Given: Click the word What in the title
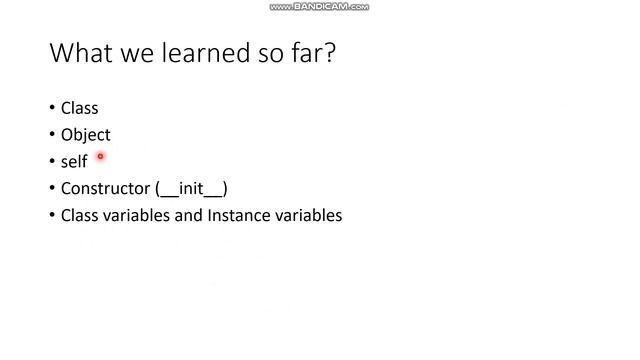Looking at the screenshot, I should tap(79, 53).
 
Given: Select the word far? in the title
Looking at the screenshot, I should tap(313, 53).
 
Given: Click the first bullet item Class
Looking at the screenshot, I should tap(79, 108).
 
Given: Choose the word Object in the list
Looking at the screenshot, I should tap(85, 135).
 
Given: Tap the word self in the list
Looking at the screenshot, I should tap(74, 162).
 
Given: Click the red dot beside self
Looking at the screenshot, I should tap(100, 156).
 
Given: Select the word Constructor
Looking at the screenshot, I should tap(105, 189).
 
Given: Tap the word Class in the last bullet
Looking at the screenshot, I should tap(79, 215).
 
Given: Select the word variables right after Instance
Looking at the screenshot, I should tap(308, 215).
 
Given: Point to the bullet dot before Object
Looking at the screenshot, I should tap(52, 135).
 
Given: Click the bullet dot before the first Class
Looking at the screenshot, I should tap(52, 108).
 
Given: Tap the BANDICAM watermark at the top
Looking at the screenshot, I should tap(319, 7).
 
